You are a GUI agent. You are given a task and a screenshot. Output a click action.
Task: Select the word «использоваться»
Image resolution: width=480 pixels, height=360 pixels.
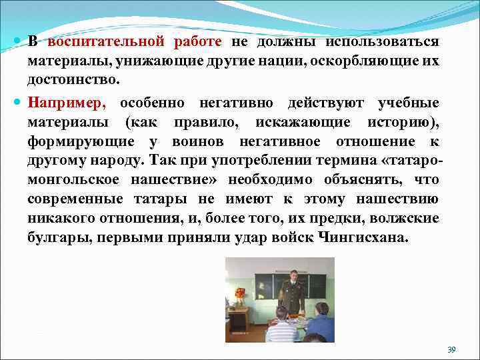pos(382,42)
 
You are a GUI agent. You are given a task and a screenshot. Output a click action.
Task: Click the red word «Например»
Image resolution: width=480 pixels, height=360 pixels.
pos(67,103)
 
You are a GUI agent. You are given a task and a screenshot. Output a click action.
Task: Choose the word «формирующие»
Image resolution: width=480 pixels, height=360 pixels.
pos(79,142)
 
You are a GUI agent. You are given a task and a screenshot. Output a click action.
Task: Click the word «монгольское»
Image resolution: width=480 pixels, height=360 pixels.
pos(74,180)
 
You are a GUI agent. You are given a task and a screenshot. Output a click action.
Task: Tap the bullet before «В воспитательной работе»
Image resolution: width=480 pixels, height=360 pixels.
pos(17,42)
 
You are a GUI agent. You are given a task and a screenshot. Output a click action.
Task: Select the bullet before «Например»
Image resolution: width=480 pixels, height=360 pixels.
pos(17,103)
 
